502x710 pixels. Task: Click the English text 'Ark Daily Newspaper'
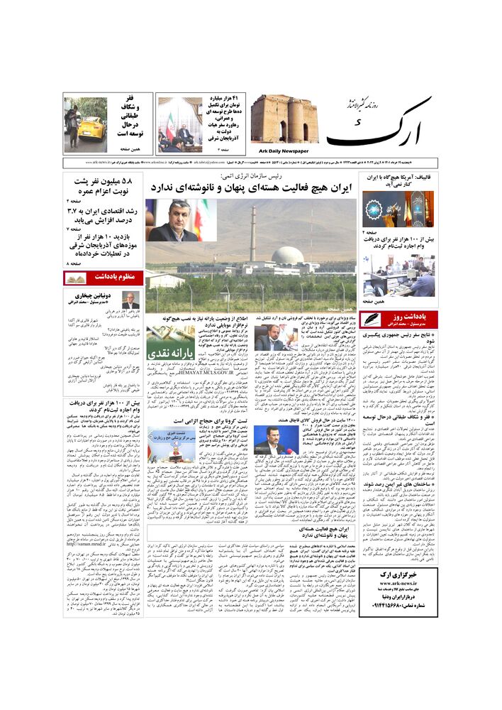click(280, 151)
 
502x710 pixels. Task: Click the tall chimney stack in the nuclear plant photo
click(252, 234)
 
